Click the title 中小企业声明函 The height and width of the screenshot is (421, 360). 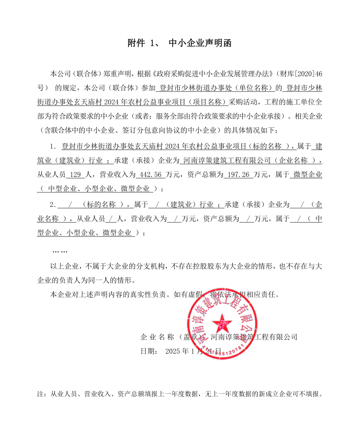[200, 44]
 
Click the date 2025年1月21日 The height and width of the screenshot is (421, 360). [193, 351]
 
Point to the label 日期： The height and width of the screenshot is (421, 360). [150, 351]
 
